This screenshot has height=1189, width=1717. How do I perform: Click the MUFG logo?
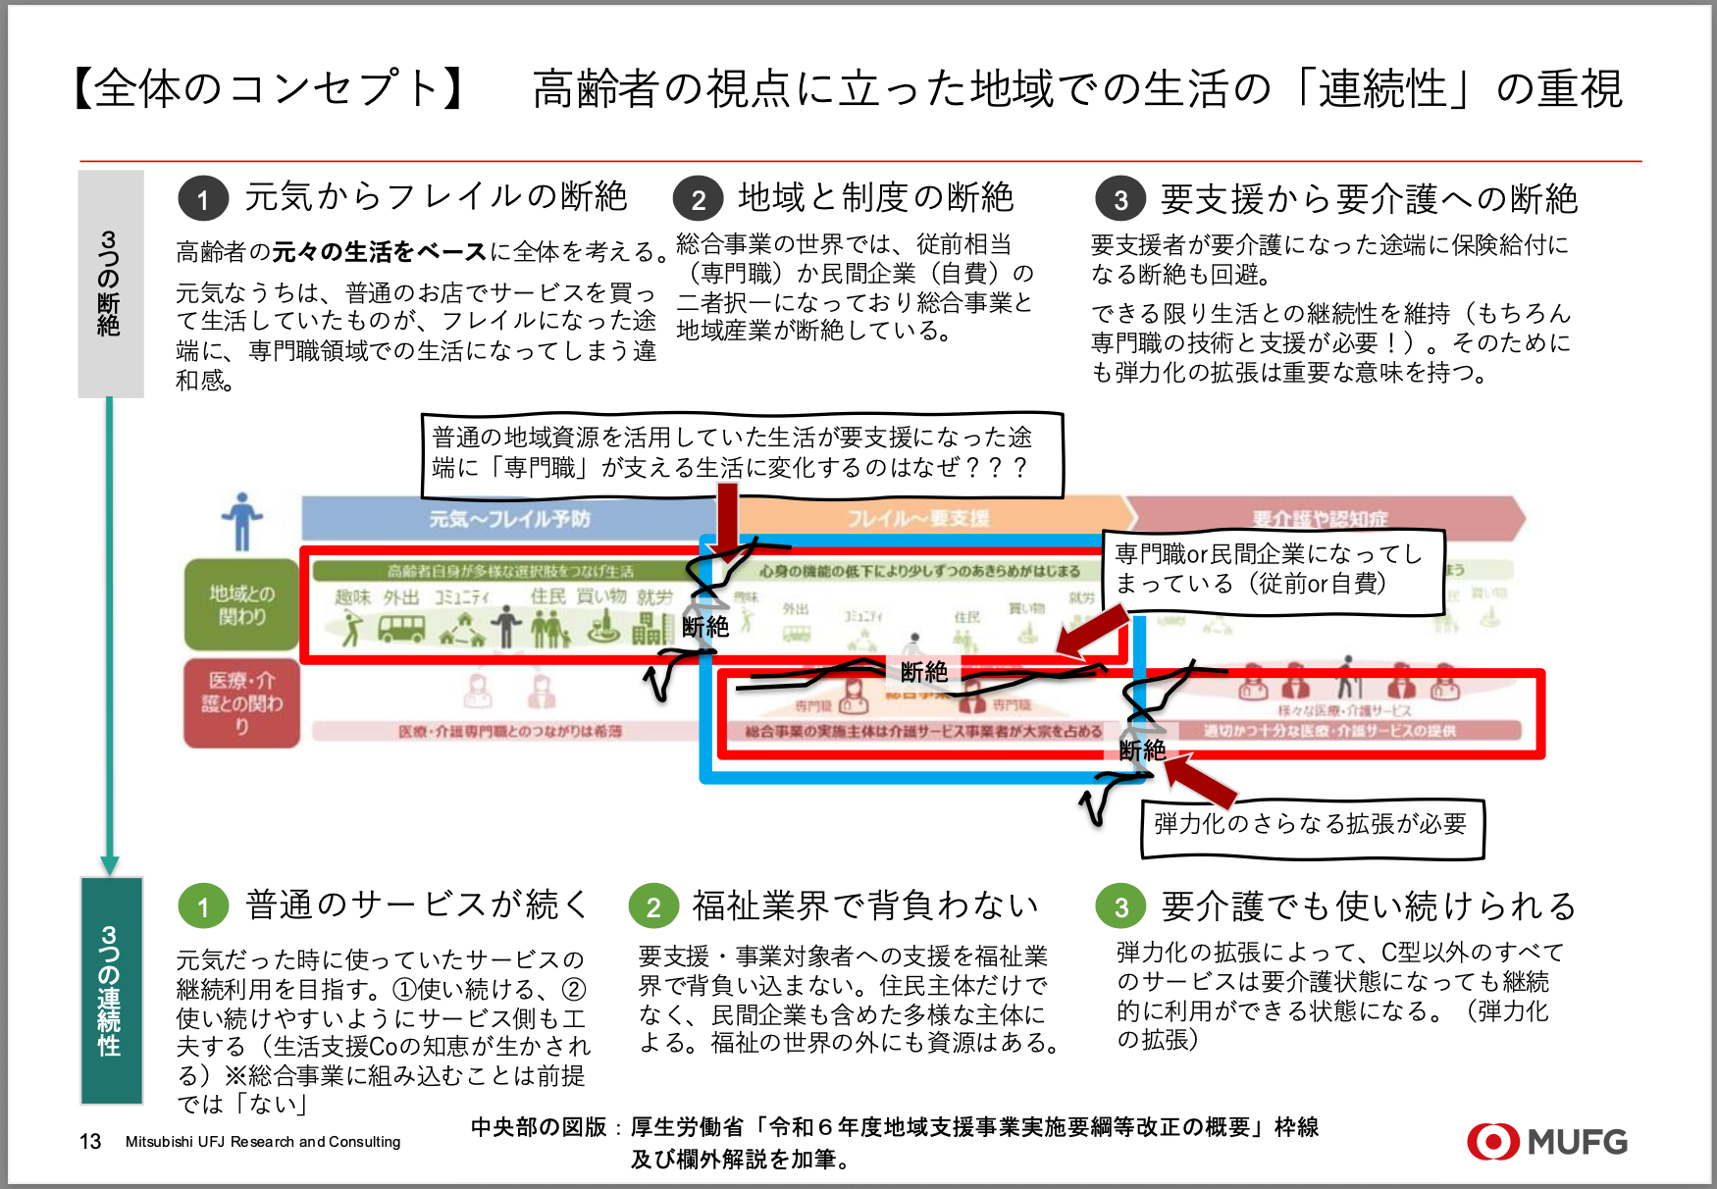[x=1547, y=1142]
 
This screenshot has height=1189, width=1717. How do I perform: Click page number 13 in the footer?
[x=90, y=1142]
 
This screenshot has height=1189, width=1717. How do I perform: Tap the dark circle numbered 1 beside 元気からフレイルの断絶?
[x=203, y=199]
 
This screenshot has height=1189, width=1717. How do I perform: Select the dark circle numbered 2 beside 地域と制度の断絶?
[x=698, y=199]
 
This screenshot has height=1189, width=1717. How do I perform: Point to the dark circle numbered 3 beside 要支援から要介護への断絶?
[x=1120, y=200]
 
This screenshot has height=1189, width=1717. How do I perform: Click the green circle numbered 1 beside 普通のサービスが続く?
[x=203, y=906]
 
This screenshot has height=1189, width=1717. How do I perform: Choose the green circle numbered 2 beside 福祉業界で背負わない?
[x=653, y=906]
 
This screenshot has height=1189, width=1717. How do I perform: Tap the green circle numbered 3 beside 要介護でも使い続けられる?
[x=1120, y=906]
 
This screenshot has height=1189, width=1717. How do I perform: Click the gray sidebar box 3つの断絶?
[x=111, y=284]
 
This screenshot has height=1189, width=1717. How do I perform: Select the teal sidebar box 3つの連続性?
[x=111, y=990]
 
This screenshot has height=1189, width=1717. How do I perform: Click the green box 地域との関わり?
[x=241, y=604]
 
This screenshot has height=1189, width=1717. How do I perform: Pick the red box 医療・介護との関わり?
[x=241, y=702]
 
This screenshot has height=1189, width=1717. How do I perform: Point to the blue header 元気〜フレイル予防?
[x=509, y=519]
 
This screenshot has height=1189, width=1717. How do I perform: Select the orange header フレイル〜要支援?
[x=918, y=519]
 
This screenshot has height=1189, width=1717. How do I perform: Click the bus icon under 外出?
[x=401, y=629]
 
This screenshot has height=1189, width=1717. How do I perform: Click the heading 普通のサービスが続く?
[x=417, y=905]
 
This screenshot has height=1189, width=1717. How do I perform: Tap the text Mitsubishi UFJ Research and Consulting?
[x=263, y=1142]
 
